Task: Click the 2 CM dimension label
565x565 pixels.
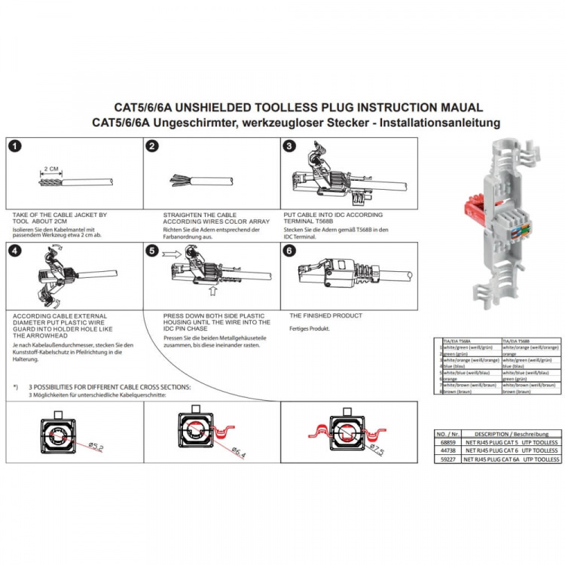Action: [51, 169]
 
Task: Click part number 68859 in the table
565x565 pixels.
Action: [447, 442]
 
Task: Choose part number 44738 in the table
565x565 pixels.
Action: [447, 450]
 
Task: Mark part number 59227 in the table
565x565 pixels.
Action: [447, 459]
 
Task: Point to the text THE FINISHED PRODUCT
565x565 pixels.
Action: [325, 316]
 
